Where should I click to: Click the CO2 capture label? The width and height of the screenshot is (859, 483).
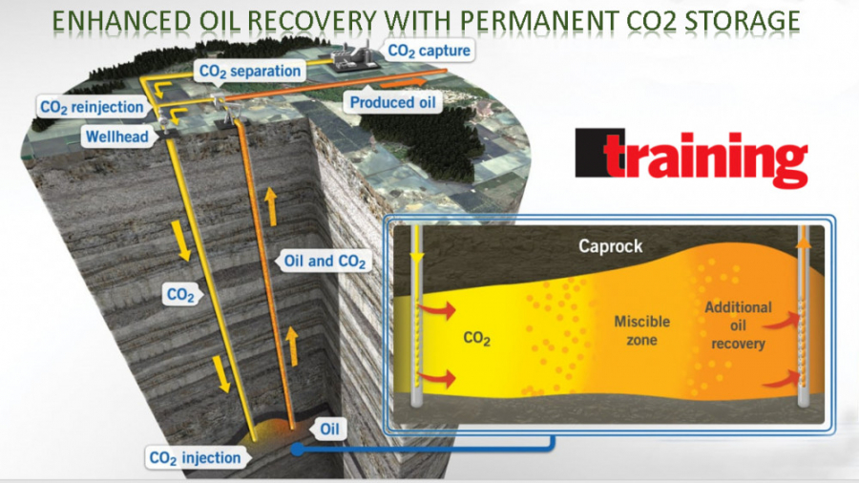[429, 51]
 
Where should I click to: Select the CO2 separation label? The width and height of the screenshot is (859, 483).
[250, 72]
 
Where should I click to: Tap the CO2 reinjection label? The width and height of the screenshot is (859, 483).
[92, 107]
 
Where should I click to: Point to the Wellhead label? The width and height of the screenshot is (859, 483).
[117, 136]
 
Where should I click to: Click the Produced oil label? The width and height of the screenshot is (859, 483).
[392, 102]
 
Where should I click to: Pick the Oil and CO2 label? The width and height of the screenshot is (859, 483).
[325, 262]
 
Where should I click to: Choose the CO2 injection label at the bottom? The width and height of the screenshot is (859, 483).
[195, 458]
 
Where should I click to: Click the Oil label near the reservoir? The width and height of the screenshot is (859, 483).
[329, 429]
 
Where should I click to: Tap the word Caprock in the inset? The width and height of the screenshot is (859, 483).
[610, 246]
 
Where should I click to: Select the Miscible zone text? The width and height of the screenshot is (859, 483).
[641, 330]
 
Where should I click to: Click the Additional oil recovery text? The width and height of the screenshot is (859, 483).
[738, 325]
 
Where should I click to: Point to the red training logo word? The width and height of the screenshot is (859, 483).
[705, 157]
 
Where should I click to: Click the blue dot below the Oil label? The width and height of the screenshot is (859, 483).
[298, 450]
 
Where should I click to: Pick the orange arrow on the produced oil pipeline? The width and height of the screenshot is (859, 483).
[403, 83]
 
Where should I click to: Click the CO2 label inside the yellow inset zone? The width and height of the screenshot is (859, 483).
[476, 339]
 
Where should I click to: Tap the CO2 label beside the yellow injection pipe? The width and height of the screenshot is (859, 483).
[180, 295]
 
